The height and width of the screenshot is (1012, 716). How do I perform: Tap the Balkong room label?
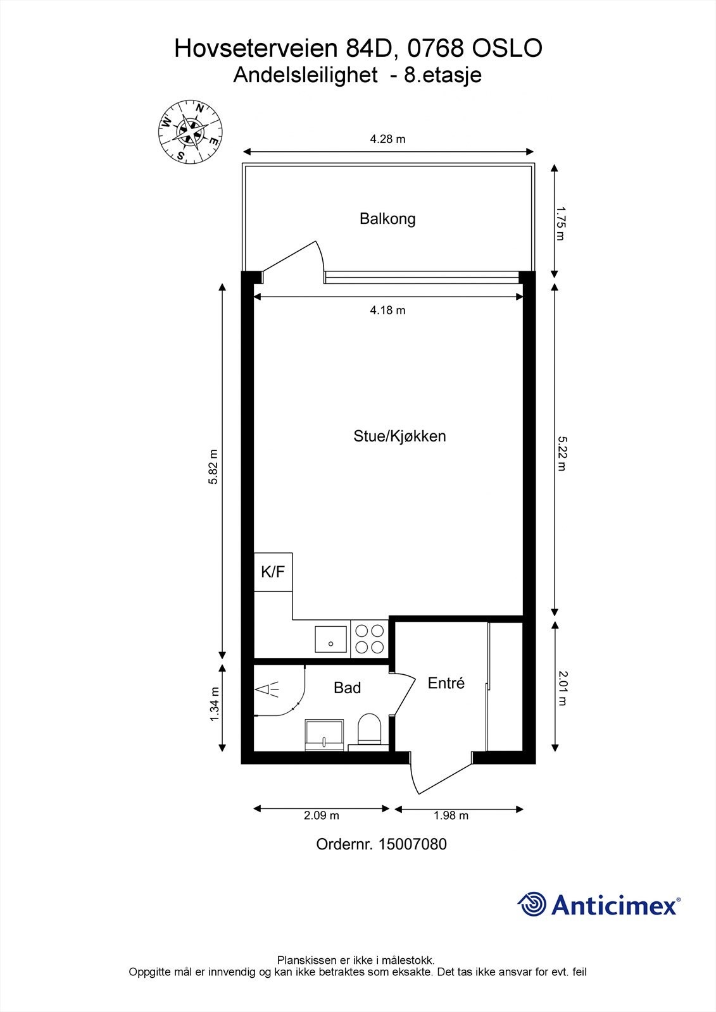pyautogui.click(x=387, y=219)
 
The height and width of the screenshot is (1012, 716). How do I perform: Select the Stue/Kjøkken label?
pyautogui.click(x=399, y=436)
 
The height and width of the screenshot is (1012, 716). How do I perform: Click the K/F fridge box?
pyautogui.click(x=273, y=572)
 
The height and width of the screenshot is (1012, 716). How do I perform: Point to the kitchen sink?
pyautogui.click(x=330, y=639)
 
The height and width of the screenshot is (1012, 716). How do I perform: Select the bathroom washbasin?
pyautogui.click(x=324, y=735)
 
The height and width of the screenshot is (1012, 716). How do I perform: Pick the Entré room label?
pyautogui.click(x=446, y=683)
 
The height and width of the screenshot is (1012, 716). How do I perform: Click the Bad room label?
pyautogui.click(x=347, y=688)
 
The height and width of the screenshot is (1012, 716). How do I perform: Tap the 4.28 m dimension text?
pyautogui.click(x=387, y=139)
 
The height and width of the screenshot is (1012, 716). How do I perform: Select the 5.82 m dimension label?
pyautogui.click(x=213, y=467)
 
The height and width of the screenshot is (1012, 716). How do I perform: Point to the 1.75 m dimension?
pyautogui.click(x=560, y=222)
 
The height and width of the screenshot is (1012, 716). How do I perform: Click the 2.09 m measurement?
pyautogui.click(x=321, y=815)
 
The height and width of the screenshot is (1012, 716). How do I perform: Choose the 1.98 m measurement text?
pyautogui.click(x=451, y=815)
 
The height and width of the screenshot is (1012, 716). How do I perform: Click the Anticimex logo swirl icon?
pyautogui.click(x=532, y=904)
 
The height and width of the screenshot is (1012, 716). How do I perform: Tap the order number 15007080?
pyautogui.click(x=412, y=844)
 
